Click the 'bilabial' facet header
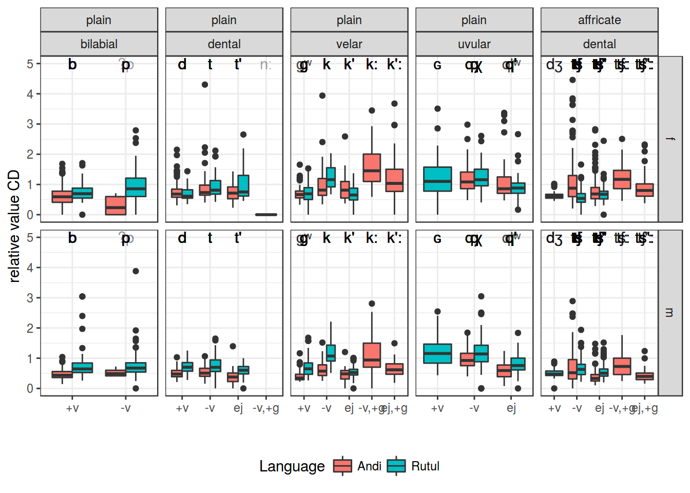(x=99, y=44)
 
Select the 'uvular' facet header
(x=474, y=44)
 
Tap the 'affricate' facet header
(x=599, y=20)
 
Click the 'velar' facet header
(x=349, y=44)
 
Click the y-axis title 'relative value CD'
(x=14, y=226)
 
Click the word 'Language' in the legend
(x=292, y=466)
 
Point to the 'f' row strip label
(x=670, y=139)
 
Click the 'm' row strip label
(x=670, y=312)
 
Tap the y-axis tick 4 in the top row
(x=30, y=94)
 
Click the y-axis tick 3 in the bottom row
(x=30, y=298)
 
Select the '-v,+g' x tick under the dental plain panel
(x=266, y=408)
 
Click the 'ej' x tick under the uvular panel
(x=511, y=408)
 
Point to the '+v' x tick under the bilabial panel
(x=72, y=408)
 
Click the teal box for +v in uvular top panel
(x=437, y=179)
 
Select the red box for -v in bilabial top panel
(x=116, y=205)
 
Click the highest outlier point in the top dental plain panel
(x=205, y=85)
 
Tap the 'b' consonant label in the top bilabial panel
(x=72, y=65)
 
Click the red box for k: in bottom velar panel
(x=372, y=355)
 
